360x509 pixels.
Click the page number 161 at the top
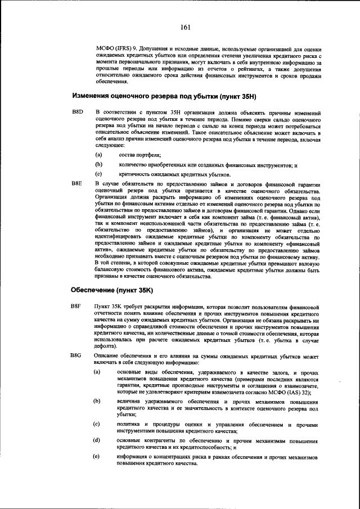(186, 26)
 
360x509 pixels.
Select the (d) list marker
(97, 440)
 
